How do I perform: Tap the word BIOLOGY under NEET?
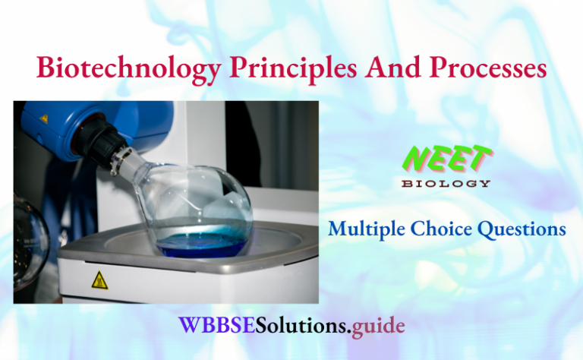point(446,183)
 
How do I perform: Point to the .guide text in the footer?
point(377,327)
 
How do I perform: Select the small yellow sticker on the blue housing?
point(44,118)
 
